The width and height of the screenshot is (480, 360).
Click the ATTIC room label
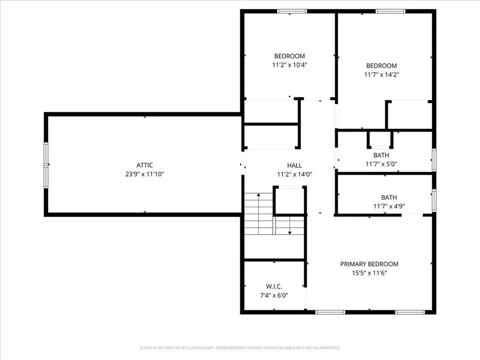144,165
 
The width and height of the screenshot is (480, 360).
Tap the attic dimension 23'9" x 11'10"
144,174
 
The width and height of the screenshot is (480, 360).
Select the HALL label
294,165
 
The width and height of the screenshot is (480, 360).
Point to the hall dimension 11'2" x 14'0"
294,174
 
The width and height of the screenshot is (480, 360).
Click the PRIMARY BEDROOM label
369,264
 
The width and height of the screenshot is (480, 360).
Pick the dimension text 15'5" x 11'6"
369,272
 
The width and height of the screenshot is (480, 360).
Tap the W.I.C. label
274,286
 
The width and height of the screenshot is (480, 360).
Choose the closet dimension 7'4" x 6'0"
274,295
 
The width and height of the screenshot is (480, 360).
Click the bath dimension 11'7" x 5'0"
381,164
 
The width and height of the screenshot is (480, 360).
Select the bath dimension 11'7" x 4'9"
389,206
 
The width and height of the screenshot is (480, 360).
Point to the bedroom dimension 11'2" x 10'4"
289,65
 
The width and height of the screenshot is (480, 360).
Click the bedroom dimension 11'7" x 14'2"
381,74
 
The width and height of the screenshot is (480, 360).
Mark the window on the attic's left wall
46,165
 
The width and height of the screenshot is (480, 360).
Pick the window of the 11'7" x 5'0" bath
434,160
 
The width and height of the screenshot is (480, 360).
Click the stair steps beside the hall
259,214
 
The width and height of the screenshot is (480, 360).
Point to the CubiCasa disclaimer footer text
240,348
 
